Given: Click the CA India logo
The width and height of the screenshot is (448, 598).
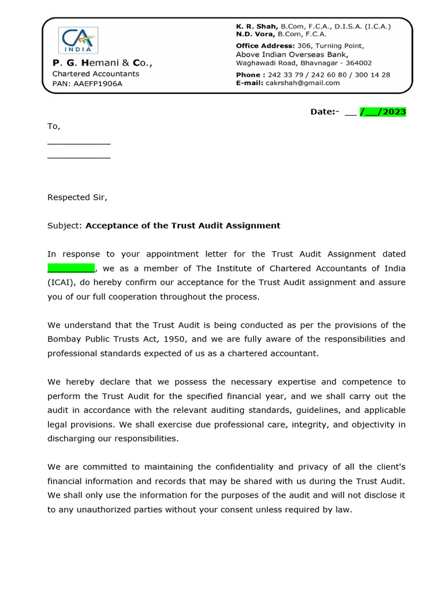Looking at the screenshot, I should [78, 40].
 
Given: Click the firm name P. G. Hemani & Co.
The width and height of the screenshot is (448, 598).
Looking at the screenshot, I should [103, 62].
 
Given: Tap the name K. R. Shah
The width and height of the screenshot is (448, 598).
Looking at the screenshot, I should [257, 26].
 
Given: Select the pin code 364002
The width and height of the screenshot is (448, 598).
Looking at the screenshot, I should [358, 63].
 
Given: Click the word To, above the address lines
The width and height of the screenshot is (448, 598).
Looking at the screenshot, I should [54, 126].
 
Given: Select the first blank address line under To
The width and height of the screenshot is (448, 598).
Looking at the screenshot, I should [79, 142].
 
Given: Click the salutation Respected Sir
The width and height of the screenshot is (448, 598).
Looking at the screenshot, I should [77, 197].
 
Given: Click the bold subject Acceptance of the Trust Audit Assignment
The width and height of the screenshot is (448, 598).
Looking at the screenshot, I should [183, 225].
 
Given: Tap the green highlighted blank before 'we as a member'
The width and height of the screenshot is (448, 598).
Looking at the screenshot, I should [71, 268].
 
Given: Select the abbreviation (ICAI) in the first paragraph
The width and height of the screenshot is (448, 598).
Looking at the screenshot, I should [60, 282].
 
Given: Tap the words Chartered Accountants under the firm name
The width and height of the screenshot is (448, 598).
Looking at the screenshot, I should [96, 74].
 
